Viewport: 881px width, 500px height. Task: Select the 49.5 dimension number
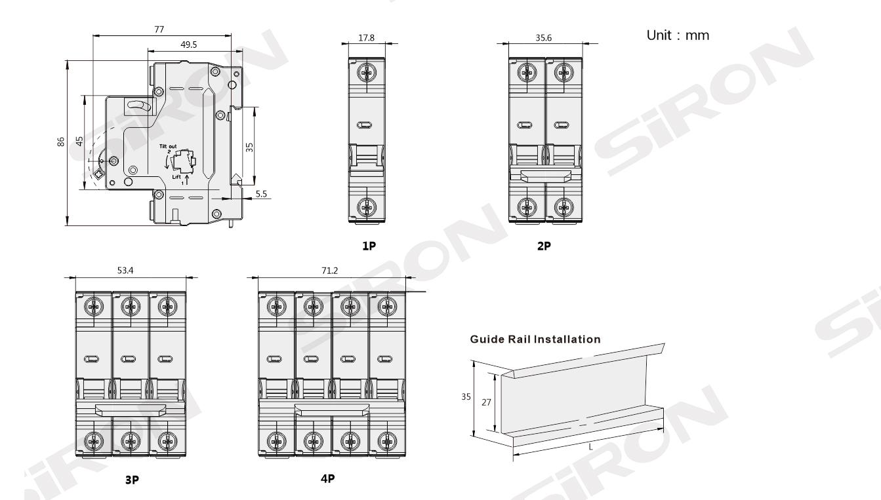tap(189, 44)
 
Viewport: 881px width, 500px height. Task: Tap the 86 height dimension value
tap(60, 142)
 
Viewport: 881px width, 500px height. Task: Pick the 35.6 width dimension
tap(544, 38)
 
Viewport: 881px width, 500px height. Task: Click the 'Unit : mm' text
tap(678, 35)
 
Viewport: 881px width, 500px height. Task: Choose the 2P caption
tap(544, 246)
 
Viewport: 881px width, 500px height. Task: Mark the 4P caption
tap(328, 478)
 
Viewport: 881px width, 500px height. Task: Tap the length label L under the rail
tap(590, 447)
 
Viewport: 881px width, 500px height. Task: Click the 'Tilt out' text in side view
tap(167, 146)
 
